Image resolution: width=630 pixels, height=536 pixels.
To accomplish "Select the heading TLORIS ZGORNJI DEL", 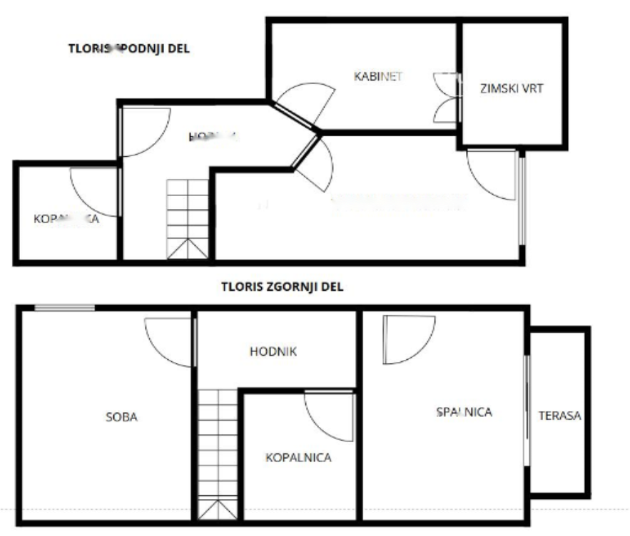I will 283,287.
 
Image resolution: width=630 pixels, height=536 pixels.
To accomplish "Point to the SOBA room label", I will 121,417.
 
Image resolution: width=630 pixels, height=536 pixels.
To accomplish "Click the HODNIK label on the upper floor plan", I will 273,351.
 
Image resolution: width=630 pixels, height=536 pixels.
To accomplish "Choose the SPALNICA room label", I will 464,411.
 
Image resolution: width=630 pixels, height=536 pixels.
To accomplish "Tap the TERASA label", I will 560,416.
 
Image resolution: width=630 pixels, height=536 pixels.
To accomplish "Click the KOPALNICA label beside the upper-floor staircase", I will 298,458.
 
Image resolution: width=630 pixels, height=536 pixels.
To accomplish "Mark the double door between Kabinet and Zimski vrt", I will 447,98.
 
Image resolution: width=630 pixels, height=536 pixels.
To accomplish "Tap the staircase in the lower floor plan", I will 188,219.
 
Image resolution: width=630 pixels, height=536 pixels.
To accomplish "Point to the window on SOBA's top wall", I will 65,308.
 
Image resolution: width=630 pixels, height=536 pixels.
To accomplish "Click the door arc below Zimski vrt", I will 492,173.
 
